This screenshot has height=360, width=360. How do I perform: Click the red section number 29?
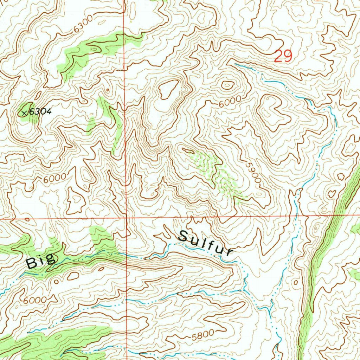(283, 56)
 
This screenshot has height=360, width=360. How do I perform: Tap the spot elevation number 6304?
(40, 112)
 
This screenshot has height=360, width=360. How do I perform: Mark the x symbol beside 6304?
(24, 113)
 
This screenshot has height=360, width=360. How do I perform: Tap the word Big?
(41, 261)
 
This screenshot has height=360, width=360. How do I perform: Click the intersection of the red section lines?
(126, 218)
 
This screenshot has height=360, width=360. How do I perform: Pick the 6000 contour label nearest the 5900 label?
(230, 102)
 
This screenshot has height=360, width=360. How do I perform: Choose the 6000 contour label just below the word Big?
(35, 301)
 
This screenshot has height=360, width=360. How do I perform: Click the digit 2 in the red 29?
(278, 56)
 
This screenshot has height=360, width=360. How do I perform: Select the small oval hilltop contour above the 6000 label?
(227, 85)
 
